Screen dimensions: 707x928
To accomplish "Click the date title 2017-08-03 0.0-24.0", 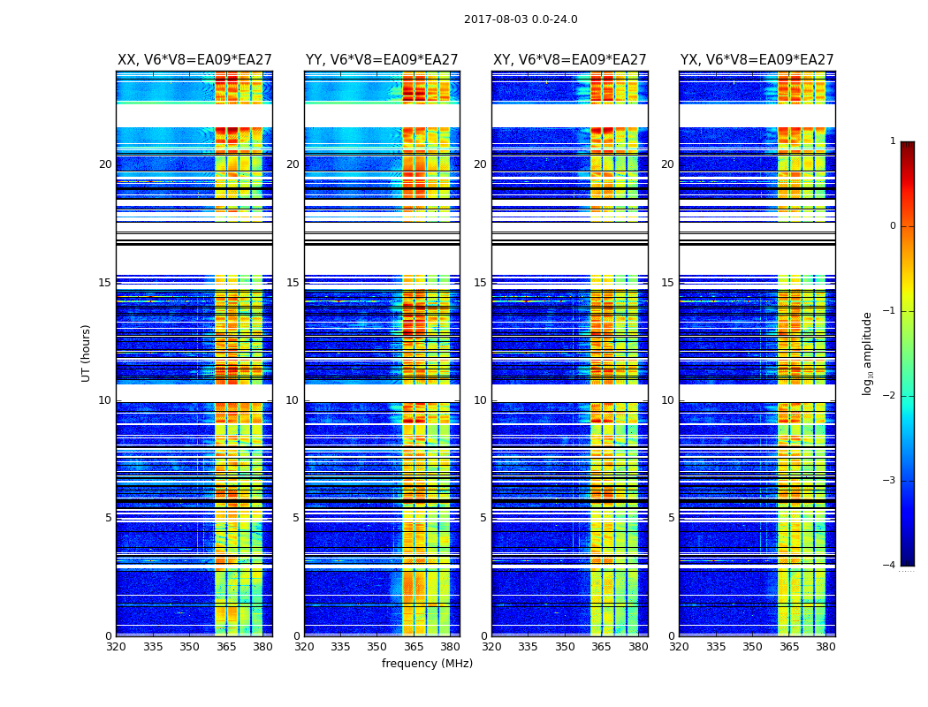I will tap(521, 19).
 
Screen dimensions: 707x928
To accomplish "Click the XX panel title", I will tap(194, 60).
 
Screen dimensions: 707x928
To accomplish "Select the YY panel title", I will tap(382, 60).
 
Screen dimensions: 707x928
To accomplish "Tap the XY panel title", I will tap(570, 60).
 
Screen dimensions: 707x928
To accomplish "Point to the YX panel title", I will tap(757, 60).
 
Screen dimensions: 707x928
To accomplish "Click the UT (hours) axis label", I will tap(87, 353).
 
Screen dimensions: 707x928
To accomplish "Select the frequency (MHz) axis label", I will tap(427, 664).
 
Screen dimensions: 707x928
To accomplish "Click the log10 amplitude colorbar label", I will tap(868, 353).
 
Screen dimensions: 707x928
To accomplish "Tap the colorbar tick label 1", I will tap(893, 141).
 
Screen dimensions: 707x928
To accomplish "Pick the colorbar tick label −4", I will tap(890, 566).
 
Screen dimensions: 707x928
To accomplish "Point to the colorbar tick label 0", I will tap(893, 226).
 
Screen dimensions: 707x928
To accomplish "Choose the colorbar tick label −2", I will tap(890, 396).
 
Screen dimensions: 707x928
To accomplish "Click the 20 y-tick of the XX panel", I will tap(105, 164).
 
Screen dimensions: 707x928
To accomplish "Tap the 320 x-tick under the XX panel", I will tap(116, 647).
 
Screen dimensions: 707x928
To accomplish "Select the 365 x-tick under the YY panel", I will tap(414, 647).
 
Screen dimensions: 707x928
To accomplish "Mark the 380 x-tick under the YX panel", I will tap(825, 647).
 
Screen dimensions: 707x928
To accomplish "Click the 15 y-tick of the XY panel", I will tap(480, 283).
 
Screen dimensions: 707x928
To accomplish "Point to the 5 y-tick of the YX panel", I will tap(671, 518).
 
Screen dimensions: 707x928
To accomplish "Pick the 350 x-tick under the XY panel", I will tap(565, 647).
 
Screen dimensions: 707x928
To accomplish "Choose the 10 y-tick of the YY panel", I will tap(293, 400).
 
